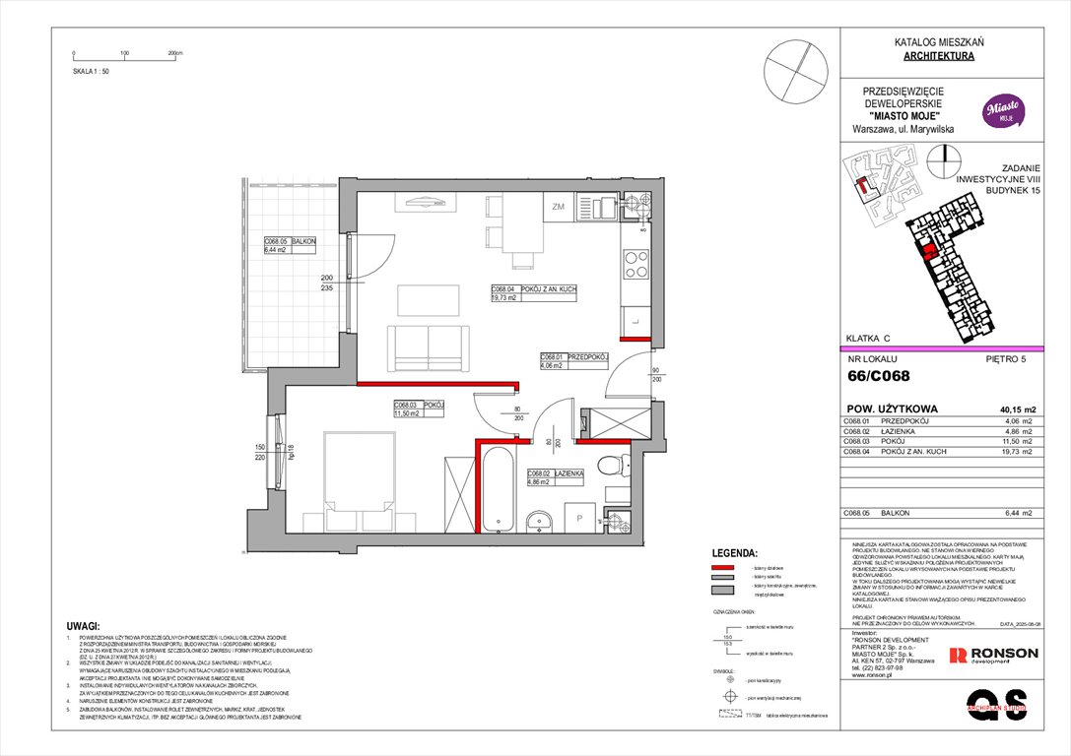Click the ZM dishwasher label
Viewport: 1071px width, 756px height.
click(558, 207)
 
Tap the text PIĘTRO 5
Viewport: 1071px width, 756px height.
click(1006, 359)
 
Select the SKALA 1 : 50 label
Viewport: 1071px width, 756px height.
click(93, 73)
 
